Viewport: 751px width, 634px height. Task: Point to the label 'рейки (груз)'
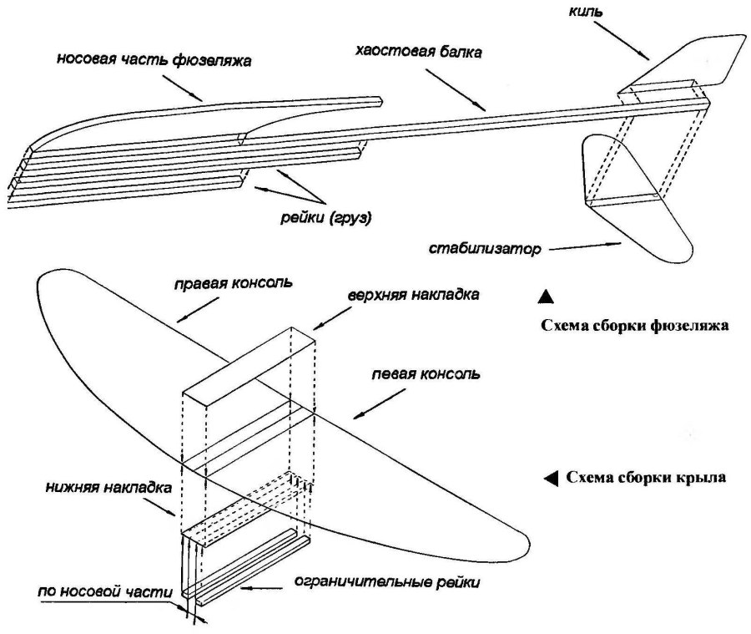(325, 220)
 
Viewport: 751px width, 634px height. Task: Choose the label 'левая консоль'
(426, 374)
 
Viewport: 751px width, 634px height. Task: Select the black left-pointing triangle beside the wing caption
(551, 478)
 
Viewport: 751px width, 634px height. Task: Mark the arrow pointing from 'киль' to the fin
(628, 40)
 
